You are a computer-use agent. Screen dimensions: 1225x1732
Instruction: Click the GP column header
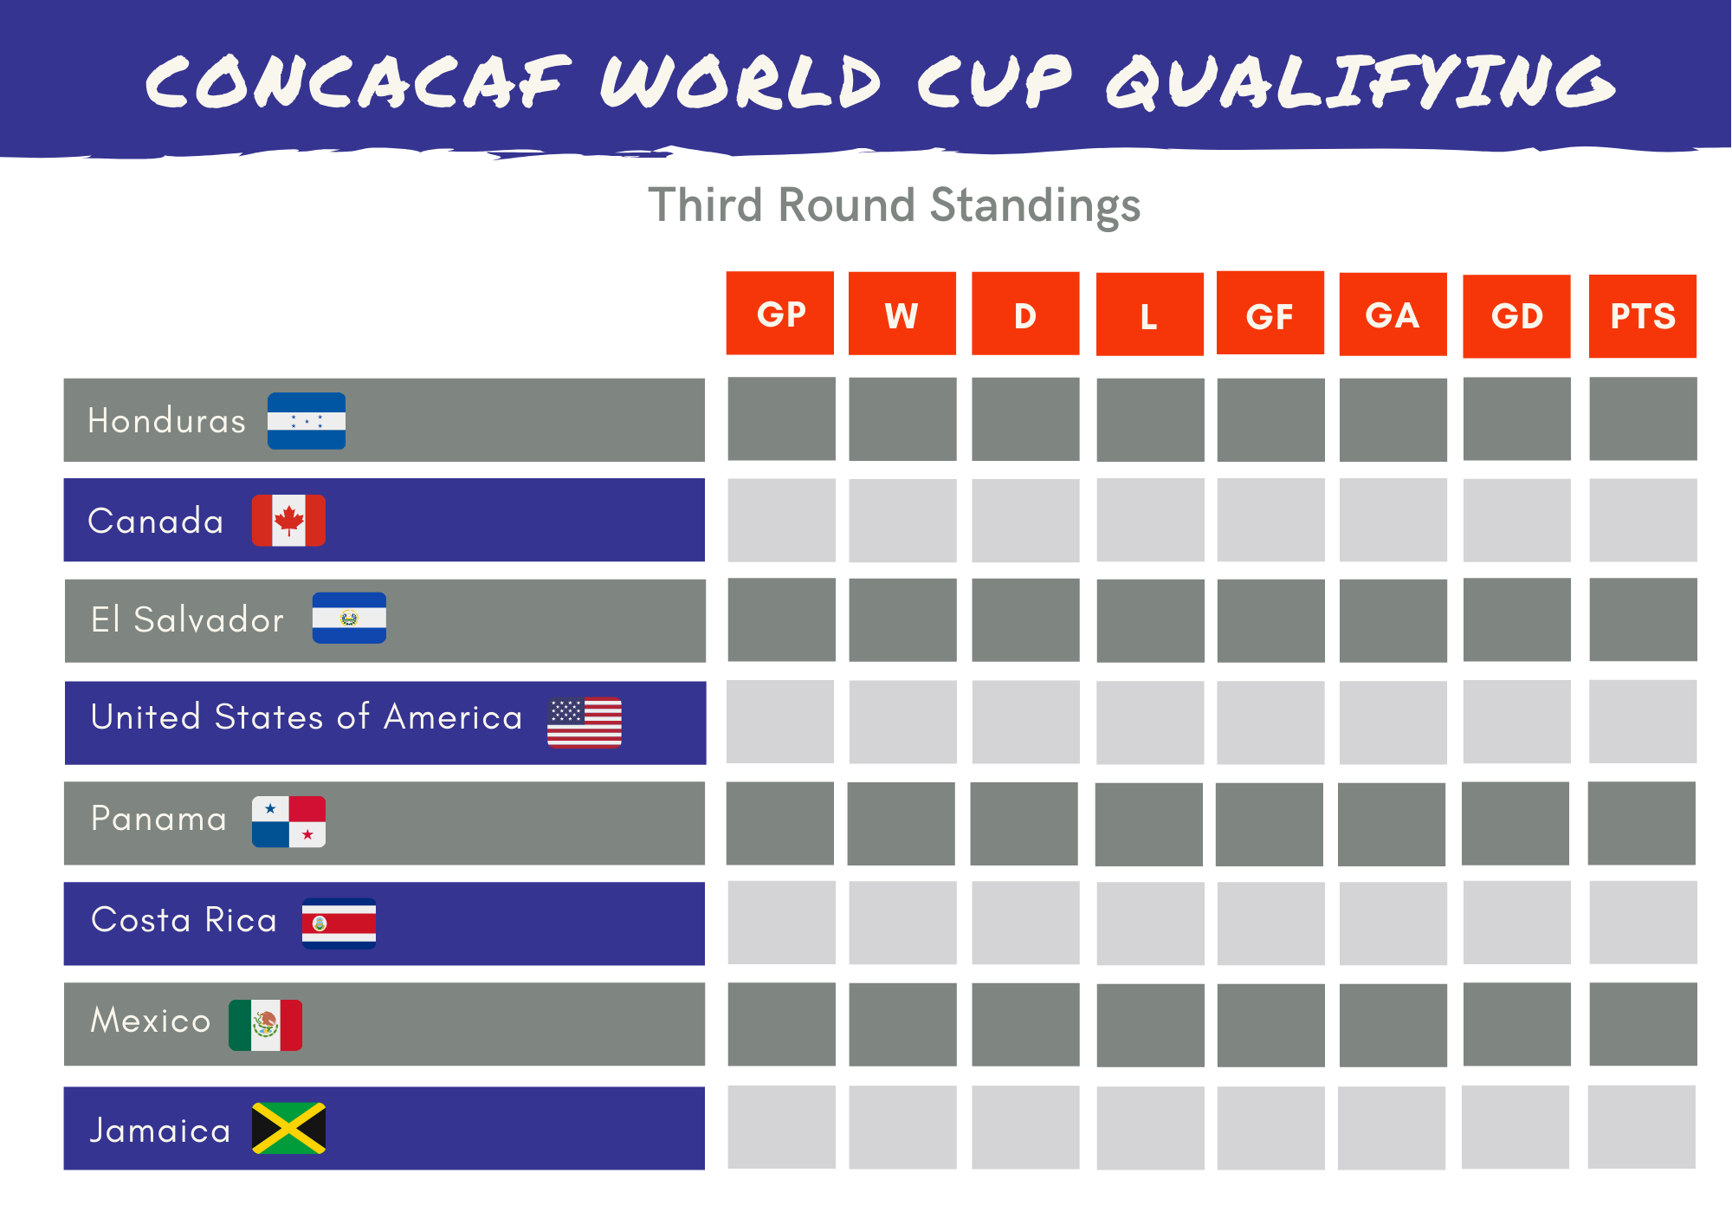pyautogui.click(x=780, y=314)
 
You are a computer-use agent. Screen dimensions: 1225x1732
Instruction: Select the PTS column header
pyautogui.click(x=1642, y=316)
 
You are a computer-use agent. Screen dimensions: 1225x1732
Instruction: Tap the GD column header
pyautogui.click(x=1516, y=316)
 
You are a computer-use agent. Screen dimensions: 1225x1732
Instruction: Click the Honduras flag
pyautogui.click(x=307, y=421)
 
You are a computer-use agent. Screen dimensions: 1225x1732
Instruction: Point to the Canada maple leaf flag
pyautogui.click(x=288, y=521)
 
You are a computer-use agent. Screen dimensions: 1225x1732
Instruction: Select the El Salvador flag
pyautogui.click(x=349, y=618)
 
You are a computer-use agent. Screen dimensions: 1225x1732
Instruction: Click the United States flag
pyautogui.click(x=585, y=722)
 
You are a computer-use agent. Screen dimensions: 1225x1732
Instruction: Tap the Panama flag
pyautogui.click(x=288, y=821)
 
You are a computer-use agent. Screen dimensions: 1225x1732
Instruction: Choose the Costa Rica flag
pyautogui.click(x=339, y=924)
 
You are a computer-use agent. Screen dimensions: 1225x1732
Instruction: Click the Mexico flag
pyautogui.click(x=265, y=1025)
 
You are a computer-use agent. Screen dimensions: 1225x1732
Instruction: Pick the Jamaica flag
pyautogui.click(x=288, y=1128)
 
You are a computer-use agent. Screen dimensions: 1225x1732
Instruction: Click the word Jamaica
pyautogui.click(x=160, y=1131)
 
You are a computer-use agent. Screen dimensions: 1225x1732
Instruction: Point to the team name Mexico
pyautogui.click(x=151, y=1021)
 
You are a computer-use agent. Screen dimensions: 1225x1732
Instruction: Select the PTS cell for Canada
pyautogui.click(x=1642, y=520)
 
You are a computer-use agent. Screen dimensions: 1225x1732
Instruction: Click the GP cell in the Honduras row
pyautogui.click(x=781, y=419)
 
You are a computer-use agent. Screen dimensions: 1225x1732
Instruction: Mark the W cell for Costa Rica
pyautogui.click(x=902, y=923)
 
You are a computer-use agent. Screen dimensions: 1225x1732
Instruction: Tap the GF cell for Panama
pyautogui.click(x=1269, y=824)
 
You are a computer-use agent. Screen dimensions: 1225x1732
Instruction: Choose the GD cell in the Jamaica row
pyautogui.click(x=1515, y=1127)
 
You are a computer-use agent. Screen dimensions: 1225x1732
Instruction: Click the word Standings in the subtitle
pyautogui.click(x=1035, y=206)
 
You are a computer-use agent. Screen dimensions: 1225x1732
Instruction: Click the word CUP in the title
pyautogui.click(x=994, y=82)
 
